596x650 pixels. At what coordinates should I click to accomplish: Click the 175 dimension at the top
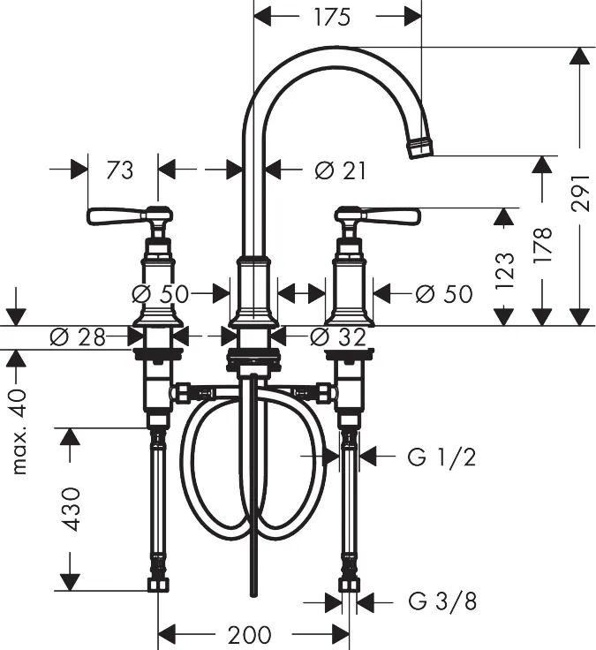tap(332, 17)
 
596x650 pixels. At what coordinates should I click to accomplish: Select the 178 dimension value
tap(542, 245)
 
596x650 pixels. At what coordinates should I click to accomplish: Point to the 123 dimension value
tap(504, 271)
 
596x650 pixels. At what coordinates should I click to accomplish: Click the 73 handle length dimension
tap(120, 170)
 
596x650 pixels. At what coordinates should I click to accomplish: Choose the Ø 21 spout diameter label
tap(340, 170)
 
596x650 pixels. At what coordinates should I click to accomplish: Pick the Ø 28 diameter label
tap(78, 337)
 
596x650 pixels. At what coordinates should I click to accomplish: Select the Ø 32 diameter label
tap(338, 337)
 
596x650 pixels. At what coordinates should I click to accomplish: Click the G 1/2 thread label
tap(441, 457)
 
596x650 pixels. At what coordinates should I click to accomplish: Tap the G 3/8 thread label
tap(442, 601)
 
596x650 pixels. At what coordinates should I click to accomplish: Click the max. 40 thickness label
tap(19, 432)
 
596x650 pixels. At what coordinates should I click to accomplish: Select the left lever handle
tap(129, 215)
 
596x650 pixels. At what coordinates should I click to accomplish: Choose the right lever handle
tap(378, 215)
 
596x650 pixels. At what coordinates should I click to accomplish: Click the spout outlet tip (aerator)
tap(420, 147)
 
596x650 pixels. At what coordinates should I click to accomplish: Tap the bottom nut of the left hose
tap(157, 585)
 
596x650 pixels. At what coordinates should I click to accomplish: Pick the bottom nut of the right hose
tap(348, 585)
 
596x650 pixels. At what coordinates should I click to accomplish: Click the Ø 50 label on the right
tap(444, 294)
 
